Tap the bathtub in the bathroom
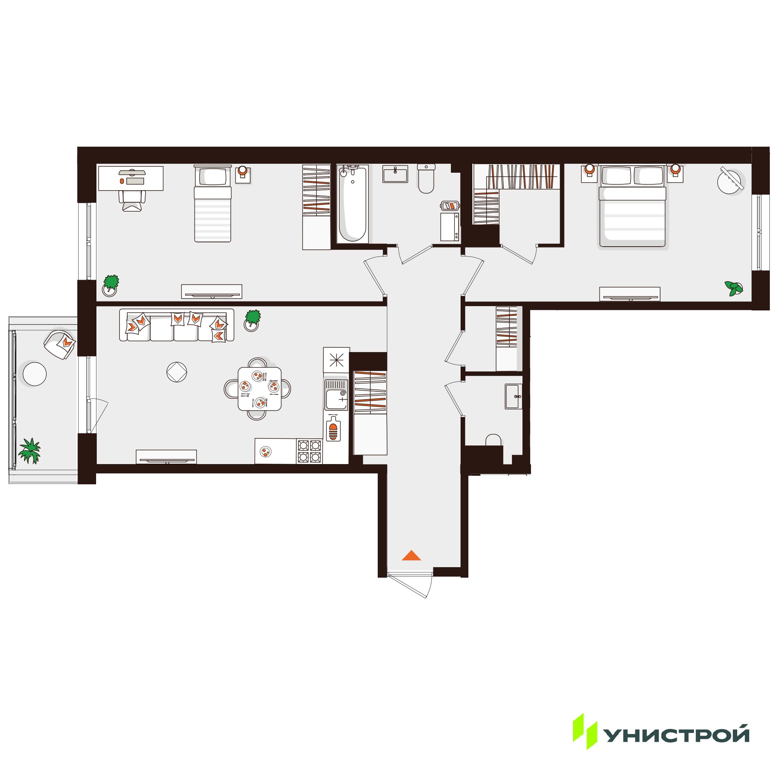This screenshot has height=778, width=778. pos(353,205)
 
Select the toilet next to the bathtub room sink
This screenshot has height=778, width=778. pos(426,179)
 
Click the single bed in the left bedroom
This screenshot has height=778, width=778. pos(213,203)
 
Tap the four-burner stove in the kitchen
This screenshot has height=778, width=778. pos(310,451)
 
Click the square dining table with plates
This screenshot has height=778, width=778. pos(259,389)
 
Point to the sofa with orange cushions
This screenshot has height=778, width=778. pos(177,325)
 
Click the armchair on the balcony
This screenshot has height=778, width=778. pos(60,344)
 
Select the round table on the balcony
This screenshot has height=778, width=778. pos(35,374)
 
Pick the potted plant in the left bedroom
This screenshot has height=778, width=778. pos(111,285)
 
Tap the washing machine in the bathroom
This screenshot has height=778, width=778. pos(450,227)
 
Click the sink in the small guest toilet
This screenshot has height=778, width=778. pos(513,396)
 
